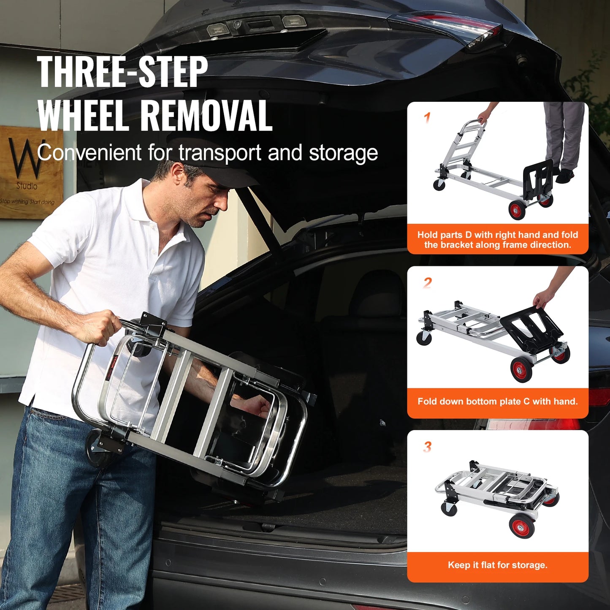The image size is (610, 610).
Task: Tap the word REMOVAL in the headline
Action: point(206,116)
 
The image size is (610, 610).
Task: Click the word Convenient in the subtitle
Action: point(89,153)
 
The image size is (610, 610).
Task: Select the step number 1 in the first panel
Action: point(427,117)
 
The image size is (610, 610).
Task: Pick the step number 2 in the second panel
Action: point(428,282)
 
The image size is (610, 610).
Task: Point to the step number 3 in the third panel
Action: point(428,446)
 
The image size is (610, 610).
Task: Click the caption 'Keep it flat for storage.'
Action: point(497,565)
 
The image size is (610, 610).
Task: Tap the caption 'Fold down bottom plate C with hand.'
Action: point(497,401)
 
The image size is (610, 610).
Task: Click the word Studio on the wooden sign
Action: point(27,186)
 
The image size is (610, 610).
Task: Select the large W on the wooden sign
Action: point(25,158)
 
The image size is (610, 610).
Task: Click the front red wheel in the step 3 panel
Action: point(522,526)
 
